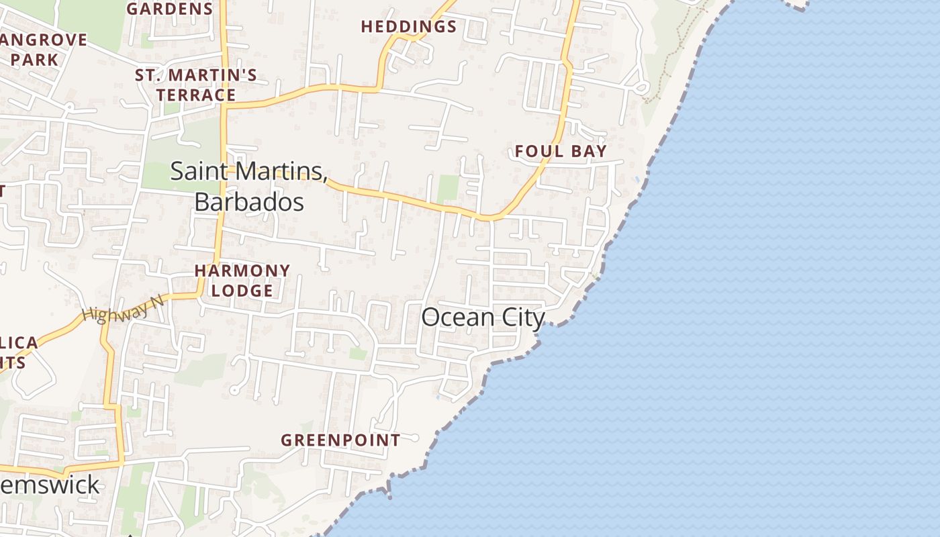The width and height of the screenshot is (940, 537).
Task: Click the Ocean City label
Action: pyautogui.click(x=483, y=317)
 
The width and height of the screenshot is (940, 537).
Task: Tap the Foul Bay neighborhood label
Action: pyautogui.click(x=561, y=151)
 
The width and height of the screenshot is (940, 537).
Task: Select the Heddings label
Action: pyautogui.click(x=409, y=27)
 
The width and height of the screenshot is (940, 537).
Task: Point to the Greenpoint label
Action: pyautogui.click(x=340, y=440)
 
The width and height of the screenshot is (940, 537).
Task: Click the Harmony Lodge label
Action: pyautogui.click(x=242, y=281)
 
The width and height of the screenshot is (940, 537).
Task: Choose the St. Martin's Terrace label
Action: pyautogui.click(x=196, y=85)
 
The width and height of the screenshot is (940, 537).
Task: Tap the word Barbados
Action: pyautogui.click(x=249, y=201)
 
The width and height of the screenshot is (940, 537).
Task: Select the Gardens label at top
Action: pyautogui.click(x=170, y=9)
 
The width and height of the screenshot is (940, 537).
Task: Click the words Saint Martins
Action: pyautogui.click(x=248, y=170)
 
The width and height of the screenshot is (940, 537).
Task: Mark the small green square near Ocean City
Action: pyautogui.click(x=359, y=353)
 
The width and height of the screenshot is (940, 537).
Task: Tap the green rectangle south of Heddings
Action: pyautogui.click(x=448, y=189)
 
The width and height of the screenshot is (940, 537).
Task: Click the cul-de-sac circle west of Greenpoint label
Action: pyautogui.click(x=234, y=390)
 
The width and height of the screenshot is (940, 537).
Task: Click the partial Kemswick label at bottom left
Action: pyautogui.click(x=50, y=485)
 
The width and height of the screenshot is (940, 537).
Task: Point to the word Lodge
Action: pyautogui.click(x=242, y=291)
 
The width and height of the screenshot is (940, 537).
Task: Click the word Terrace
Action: pyautogui.click(x=196, y=95)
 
